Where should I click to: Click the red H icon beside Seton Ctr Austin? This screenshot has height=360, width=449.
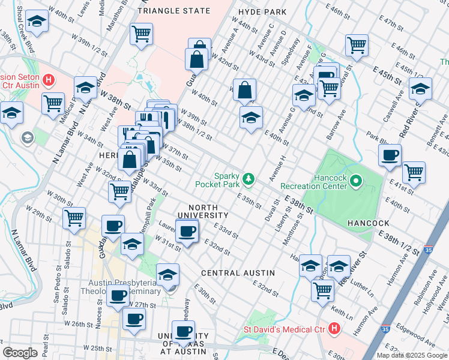coord(49,80)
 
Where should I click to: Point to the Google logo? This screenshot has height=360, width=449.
coord(20,352)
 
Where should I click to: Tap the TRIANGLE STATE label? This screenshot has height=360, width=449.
coord(174,11)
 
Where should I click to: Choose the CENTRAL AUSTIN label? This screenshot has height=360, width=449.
coord(238,272)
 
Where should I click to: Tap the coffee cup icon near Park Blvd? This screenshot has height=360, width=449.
coord(390,155)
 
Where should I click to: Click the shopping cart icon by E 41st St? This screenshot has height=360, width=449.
coord(414,173)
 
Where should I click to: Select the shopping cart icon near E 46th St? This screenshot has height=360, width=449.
coord(357,45)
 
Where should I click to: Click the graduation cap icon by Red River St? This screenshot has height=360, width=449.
coord(420,89)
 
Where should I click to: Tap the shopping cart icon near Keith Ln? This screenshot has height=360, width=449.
coord(323,290)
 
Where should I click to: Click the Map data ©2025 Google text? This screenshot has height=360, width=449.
coord(411,355)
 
